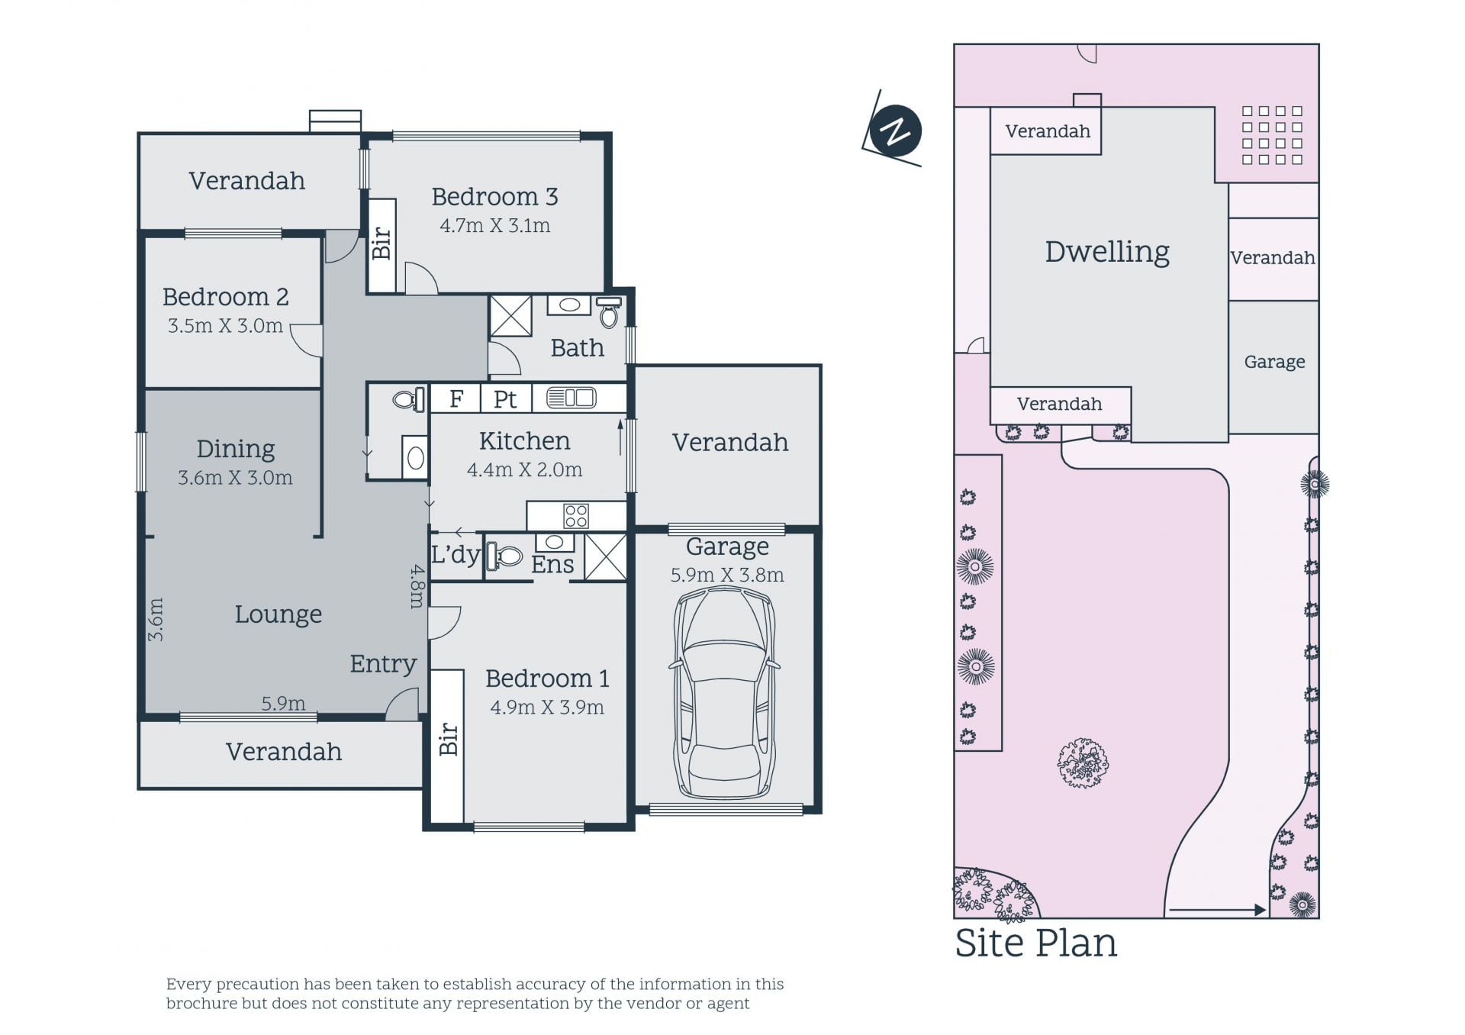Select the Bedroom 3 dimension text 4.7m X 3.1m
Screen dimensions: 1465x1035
click(x=494, y=226)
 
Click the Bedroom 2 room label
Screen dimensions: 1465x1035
click(x=225, y=296)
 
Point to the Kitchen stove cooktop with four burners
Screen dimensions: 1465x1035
click(x=576, y=516)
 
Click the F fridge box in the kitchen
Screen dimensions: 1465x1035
click(x=456, y=398)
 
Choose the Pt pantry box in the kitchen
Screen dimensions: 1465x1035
click(x=505, y=398)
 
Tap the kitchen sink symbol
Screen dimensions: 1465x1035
click(x=572, y=398)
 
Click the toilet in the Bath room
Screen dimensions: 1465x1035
click(x=608, y=312)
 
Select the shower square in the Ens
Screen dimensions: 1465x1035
click(x=605, y=556)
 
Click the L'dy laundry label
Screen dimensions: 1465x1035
click(x=456, y=555)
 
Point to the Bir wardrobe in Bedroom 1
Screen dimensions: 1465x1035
click(x=448, y=747)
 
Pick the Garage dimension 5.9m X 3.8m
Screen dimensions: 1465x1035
click(x=727, y=576)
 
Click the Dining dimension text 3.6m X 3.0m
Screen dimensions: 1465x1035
click(x=235, y=478)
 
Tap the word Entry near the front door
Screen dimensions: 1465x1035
click(x=383, y=664)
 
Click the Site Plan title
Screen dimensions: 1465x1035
click(x=1035, y=943)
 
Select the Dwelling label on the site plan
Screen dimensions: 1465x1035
click(x=1107, y=252)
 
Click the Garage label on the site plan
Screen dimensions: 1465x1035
click(x=1274, y=362)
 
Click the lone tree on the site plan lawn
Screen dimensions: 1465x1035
click(x=1083, y=763)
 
